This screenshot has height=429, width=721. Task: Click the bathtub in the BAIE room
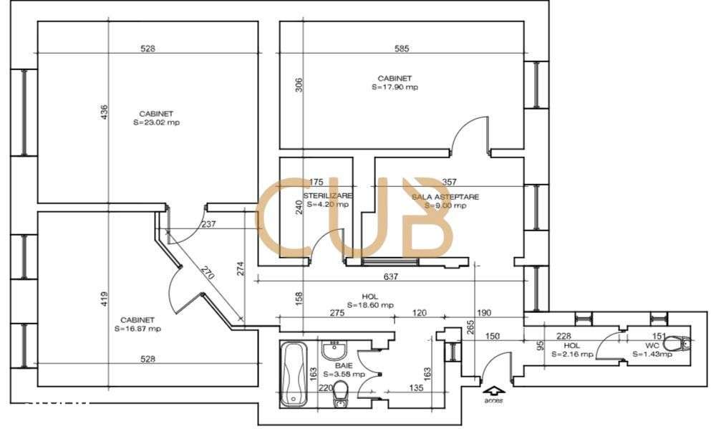pos(294,375)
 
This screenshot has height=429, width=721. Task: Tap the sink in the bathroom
pos(334,351)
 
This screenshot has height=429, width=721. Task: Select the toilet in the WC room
pos(682,344)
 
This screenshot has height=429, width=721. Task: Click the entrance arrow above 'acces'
pos(493,390)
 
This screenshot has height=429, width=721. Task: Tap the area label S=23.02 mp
pos(156,122)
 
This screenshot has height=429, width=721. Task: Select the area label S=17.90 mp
pos(395,87)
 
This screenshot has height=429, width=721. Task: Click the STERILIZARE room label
pos(326,196)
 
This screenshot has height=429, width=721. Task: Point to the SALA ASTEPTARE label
pos(445,196)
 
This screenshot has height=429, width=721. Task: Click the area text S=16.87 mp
pos(137,329)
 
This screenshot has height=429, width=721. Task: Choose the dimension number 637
pos(391,276)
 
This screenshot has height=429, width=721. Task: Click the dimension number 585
pos(402,49)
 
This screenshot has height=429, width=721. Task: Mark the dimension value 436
pos(105,112)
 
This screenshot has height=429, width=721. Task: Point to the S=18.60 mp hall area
pos(370,304)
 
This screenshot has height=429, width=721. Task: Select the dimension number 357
pos(450,182)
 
